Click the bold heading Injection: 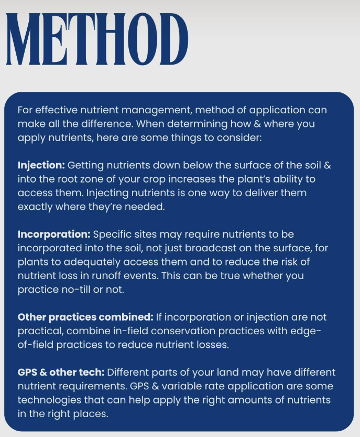click(x=41, y=165)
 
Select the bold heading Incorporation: click(x=54, y=233)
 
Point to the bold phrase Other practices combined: click(x=85, y=317)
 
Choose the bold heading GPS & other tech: click(x=61, y=372)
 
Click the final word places click(x=92, y=413)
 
